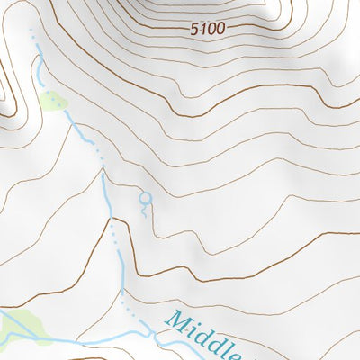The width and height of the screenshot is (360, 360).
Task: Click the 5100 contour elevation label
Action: pyautogui.click(x=207, y=29)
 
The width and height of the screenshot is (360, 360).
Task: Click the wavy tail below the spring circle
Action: pyautogui.click(x=142, y=210)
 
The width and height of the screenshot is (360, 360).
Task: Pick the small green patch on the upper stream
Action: pyautogui.click(x=51, y=100)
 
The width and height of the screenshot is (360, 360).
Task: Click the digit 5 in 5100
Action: pyautogui.click(x=194, y=29)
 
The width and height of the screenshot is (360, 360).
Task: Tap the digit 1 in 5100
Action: pyautogui.click(x=202, y=29)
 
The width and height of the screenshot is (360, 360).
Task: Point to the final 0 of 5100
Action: pyautogui.click(x=220, y=29)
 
